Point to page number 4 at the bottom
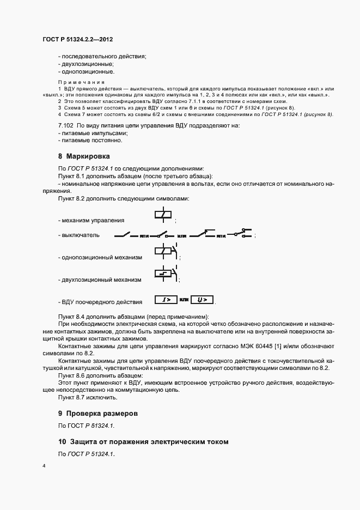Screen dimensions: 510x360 44,467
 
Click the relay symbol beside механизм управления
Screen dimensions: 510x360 164,216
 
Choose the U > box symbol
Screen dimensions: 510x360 202,300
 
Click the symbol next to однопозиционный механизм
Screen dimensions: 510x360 166,252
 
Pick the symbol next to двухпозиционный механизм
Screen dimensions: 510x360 166,274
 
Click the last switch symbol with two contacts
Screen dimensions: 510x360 242,234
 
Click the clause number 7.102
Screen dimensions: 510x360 66,125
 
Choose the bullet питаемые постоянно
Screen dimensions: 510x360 91,140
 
